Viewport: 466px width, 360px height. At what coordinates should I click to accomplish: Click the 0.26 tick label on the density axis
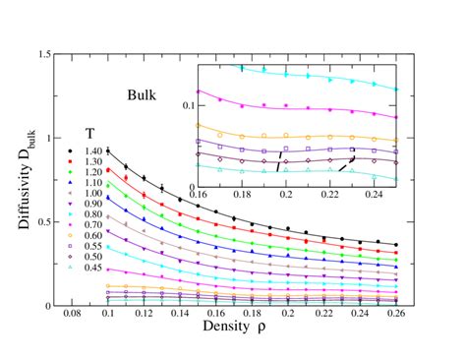point(394,316)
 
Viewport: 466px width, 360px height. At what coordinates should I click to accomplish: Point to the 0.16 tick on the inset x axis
point(203,195)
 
